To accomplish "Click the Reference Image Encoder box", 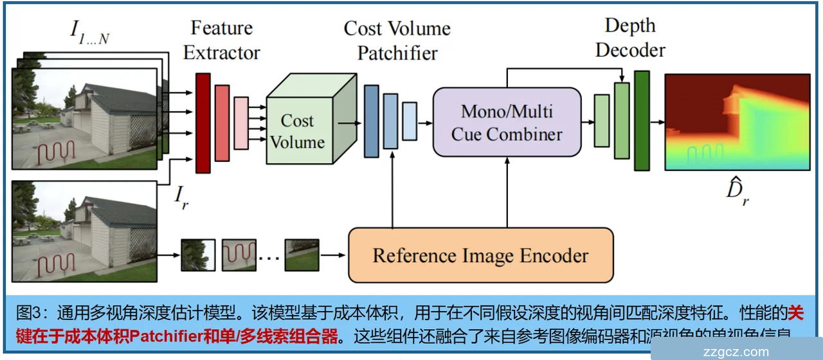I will click(x=480, y=255).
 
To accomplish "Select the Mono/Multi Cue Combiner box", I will click(x=507, y=122).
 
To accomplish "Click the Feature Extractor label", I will click(x=221, y=40).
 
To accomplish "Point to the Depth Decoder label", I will click(x=629, y=38).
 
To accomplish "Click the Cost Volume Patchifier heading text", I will click(x=397, y=40).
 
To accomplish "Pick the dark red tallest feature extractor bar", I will click(x=203, y=123).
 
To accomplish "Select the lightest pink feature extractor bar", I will click(x=241, y=123).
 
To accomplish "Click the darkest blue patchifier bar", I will click(x=371, y=121).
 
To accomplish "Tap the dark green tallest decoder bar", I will click(x=642, y=120).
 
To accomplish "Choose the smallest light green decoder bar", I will click(x=602, y=120).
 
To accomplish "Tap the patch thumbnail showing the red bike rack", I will click(x=239, y=255).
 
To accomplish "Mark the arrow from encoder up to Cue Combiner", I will click(x=507, y=192).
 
